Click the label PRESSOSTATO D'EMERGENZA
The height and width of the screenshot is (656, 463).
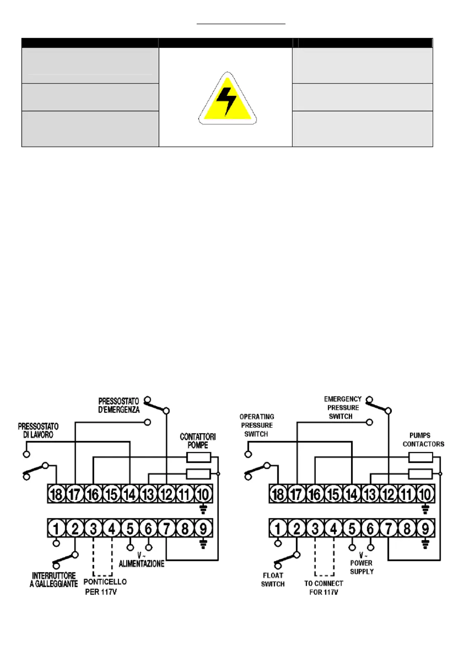(119, 406)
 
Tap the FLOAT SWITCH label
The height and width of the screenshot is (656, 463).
(273, 580)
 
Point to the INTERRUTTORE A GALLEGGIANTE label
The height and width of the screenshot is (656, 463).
(54, 580)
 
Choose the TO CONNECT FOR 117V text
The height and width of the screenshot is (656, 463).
(324, 588)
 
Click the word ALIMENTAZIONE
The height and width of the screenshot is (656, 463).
(141, 564)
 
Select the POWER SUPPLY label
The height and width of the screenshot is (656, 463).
(362, 567)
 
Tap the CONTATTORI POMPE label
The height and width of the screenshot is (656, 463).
(198, 441)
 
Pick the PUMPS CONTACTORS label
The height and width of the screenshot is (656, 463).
(423, 440)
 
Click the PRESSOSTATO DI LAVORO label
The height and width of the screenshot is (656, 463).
(38, 430)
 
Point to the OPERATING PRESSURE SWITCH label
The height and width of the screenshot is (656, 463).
(257, 425)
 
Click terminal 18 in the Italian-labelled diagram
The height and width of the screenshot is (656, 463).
(57, 494)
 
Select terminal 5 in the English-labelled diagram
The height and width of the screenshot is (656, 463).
(352, 529)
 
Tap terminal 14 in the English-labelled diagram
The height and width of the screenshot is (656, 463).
(352, 494)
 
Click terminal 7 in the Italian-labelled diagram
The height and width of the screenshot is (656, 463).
(167, 529)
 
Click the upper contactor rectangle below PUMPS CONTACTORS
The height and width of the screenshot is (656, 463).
(420, 458)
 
